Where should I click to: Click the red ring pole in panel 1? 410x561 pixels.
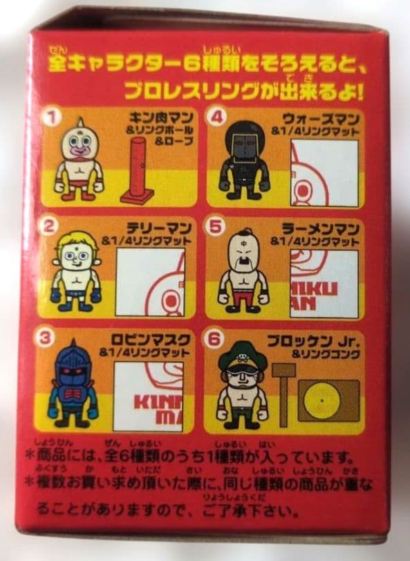coord(136,170)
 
